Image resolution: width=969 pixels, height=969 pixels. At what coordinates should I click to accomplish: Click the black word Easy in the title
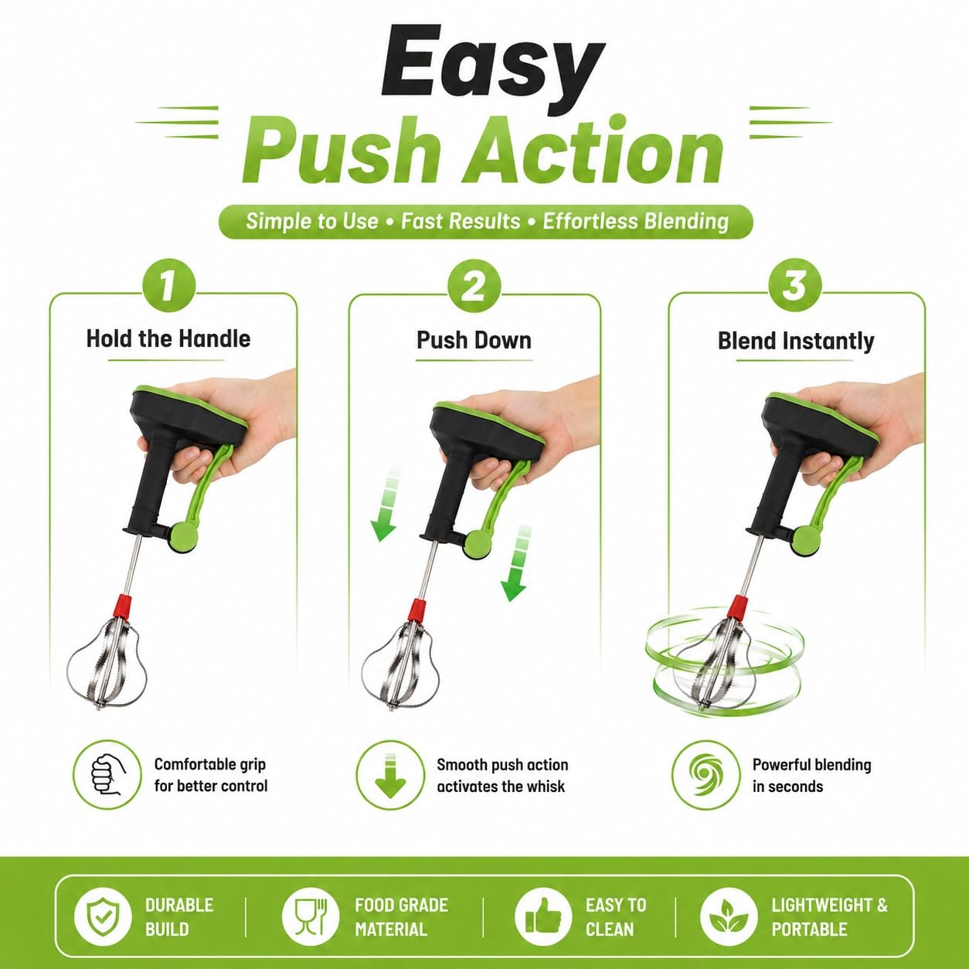click(x=492, y=61)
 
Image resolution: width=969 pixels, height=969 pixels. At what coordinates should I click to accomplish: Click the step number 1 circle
click(x=169, y=285)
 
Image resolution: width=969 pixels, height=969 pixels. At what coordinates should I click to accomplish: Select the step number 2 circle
click(x=474, y=286)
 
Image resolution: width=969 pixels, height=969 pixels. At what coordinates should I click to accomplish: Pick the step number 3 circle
click(x=794, y=286)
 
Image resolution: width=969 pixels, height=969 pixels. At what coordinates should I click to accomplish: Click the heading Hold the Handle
click(x=168, y=338)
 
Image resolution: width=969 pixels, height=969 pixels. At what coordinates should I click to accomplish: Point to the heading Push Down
click(x=474, y=340)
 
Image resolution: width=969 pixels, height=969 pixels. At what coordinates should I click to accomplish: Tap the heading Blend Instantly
click(x=795, y=341)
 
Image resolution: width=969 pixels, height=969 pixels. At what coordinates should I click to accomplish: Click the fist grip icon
click(x=107, y=774)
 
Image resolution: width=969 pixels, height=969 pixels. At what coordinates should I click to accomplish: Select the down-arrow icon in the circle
click(x=390, y=775)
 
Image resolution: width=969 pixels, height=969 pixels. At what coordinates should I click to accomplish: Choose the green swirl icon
click(x=706, y=775)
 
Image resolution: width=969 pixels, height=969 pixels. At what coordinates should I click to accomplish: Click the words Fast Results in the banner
click(x=461, y=221)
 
